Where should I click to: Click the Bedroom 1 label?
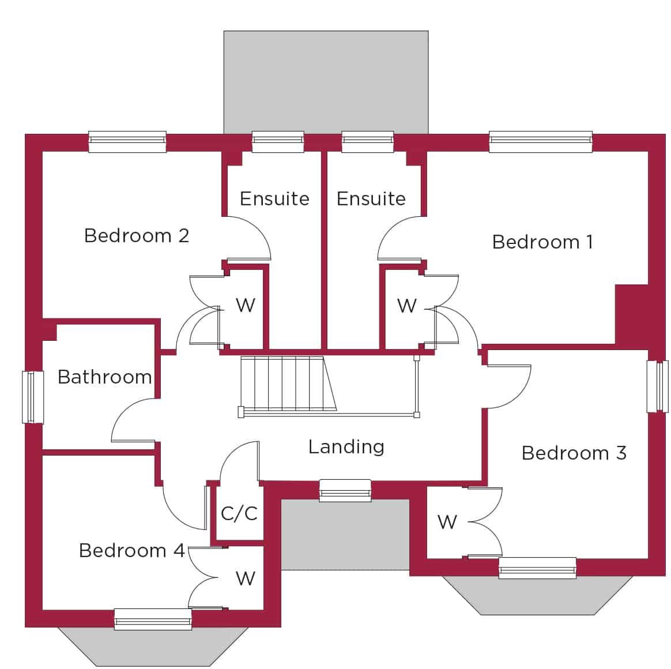[x=542, y=242]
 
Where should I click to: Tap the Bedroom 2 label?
[x=137, y=236]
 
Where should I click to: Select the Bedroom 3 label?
[x=574, y=453]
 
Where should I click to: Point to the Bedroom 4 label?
[x=132, y=550]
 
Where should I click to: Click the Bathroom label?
[x=105, y=377]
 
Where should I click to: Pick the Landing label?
[x=346, y=448]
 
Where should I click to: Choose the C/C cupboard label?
[x=239, y=513]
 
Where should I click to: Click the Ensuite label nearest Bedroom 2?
[x=275, y=198]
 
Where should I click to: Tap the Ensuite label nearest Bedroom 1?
[x=371, y=198]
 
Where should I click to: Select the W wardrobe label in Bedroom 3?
[x=447, y=522]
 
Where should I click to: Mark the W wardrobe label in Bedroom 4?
[x=246, y=578]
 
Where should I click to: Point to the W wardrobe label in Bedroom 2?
[x=246, y=305]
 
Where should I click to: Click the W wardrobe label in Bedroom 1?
[x=406, y=306]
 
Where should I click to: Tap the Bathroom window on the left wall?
[x=33, y=397]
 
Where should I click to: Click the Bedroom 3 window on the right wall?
[x=658, y=386]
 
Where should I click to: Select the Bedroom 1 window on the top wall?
[x=541, y=141]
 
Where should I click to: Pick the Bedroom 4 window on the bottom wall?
[x=153, y=619]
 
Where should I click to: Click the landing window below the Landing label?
[x=345, y=491]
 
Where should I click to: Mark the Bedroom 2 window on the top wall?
[x=127, y=141]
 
